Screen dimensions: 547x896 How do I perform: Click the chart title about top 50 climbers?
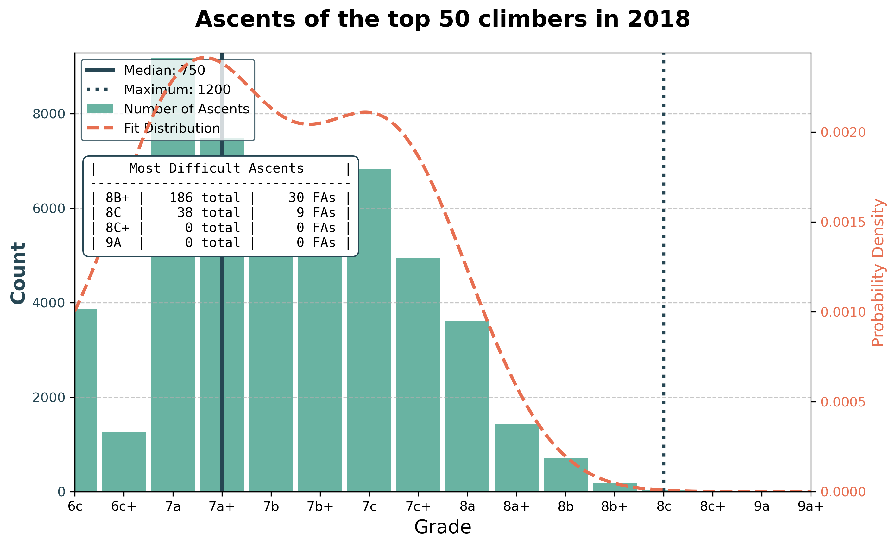click(442, 19)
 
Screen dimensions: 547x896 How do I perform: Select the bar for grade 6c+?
click(124, 462)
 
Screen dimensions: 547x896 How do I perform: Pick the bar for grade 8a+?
click(516, 458)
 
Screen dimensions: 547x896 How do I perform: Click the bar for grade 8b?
click(565, 474)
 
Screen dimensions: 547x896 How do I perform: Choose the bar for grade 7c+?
click(418, 374)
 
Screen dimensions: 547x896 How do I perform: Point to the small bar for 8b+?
click(615, 487)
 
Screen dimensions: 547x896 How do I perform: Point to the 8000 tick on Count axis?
click(48, 114)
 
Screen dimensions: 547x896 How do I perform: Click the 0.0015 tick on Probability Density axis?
click(843, 222)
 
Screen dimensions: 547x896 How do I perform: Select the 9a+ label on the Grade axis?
click(811, 506)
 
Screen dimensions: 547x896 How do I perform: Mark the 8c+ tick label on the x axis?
click(712, 506)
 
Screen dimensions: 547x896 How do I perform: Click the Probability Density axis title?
click(878, 273)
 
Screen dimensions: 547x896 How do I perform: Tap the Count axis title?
click(18, 273)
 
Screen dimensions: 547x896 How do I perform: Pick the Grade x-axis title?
click(442, 527)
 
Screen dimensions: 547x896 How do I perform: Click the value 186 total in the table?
click(204, 198)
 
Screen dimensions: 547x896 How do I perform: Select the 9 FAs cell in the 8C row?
click(316, 213)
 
